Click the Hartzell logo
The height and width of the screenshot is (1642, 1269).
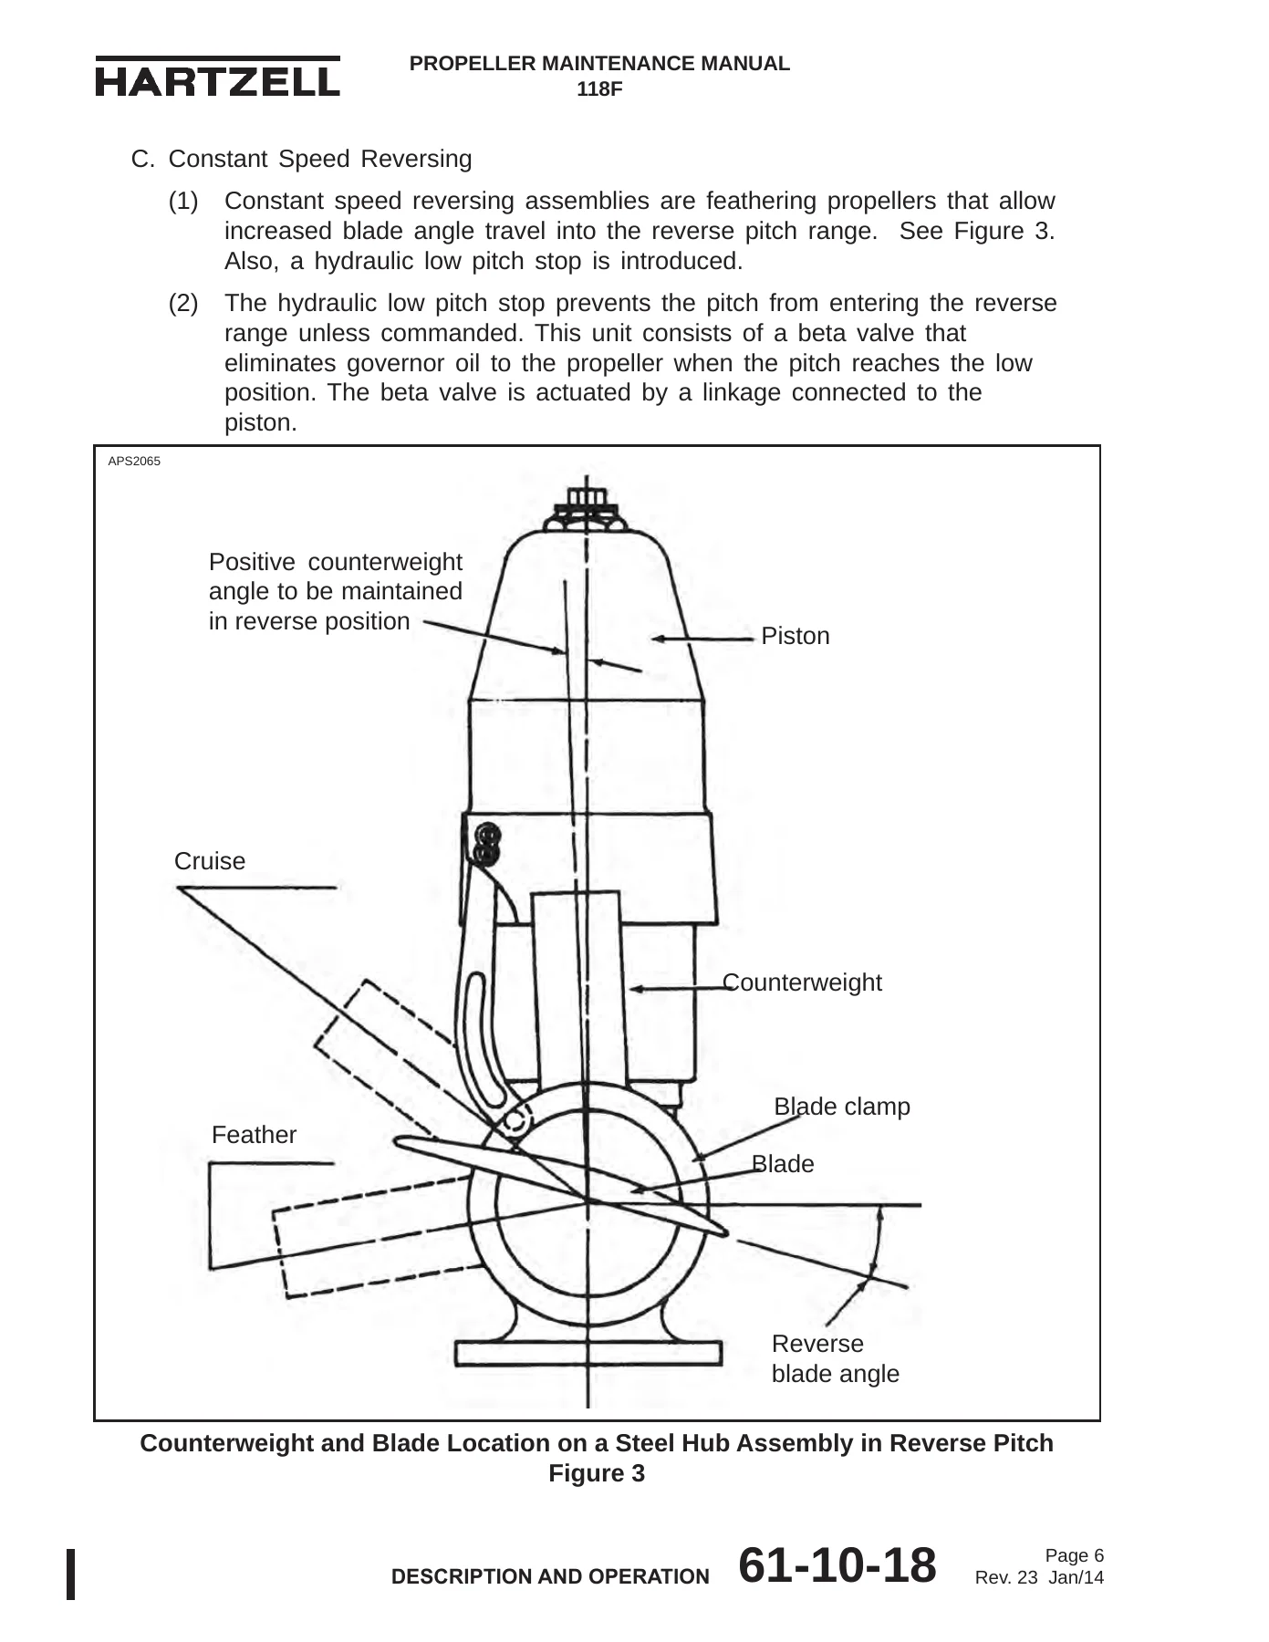click(x=217, y=78)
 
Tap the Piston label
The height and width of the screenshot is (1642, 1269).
click(x=795, y=636)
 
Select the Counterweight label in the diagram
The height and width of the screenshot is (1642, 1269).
click(x=802, y=982)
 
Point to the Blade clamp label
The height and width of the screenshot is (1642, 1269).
click(x=842, y=1107)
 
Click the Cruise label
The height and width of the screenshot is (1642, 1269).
click(x=210, y=861)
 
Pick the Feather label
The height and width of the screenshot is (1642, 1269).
click(x=254, y=1135)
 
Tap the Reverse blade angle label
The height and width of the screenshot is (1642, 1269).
click(x=835, y=1358)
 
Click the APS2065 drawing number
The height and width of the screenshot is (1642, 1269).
click(x=134, y=462)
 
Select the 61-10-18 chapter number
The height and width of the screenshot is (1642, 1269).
click(x=837, y=1565)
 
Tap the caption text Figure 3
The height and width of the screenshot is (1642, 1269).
click(x=597, y=1473)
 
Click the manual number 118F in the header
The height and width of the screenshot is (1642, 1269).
click(x=599, y=89)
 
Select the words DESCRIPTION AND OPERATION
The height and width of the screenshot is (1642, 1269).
click(x=549, y=1577)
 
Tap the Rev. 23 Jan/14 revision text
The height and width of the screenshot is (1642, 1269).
click(x=1040, y=1578)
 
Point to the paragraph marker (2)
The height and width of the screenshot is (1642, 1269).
click(x=183, y=303)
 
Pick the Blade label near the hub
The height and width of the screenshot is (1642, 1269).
click(x=783, y=1164)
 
